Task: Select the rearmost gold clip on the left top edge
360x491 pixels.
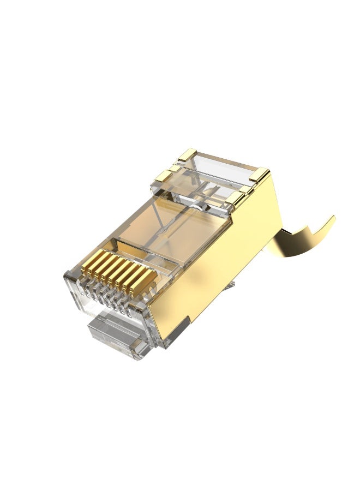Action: [187, 155]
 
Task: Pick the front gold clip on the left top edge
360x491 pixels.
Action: [163, 176]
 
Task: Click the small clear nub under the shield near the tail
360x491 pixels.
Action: [231, 284]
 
